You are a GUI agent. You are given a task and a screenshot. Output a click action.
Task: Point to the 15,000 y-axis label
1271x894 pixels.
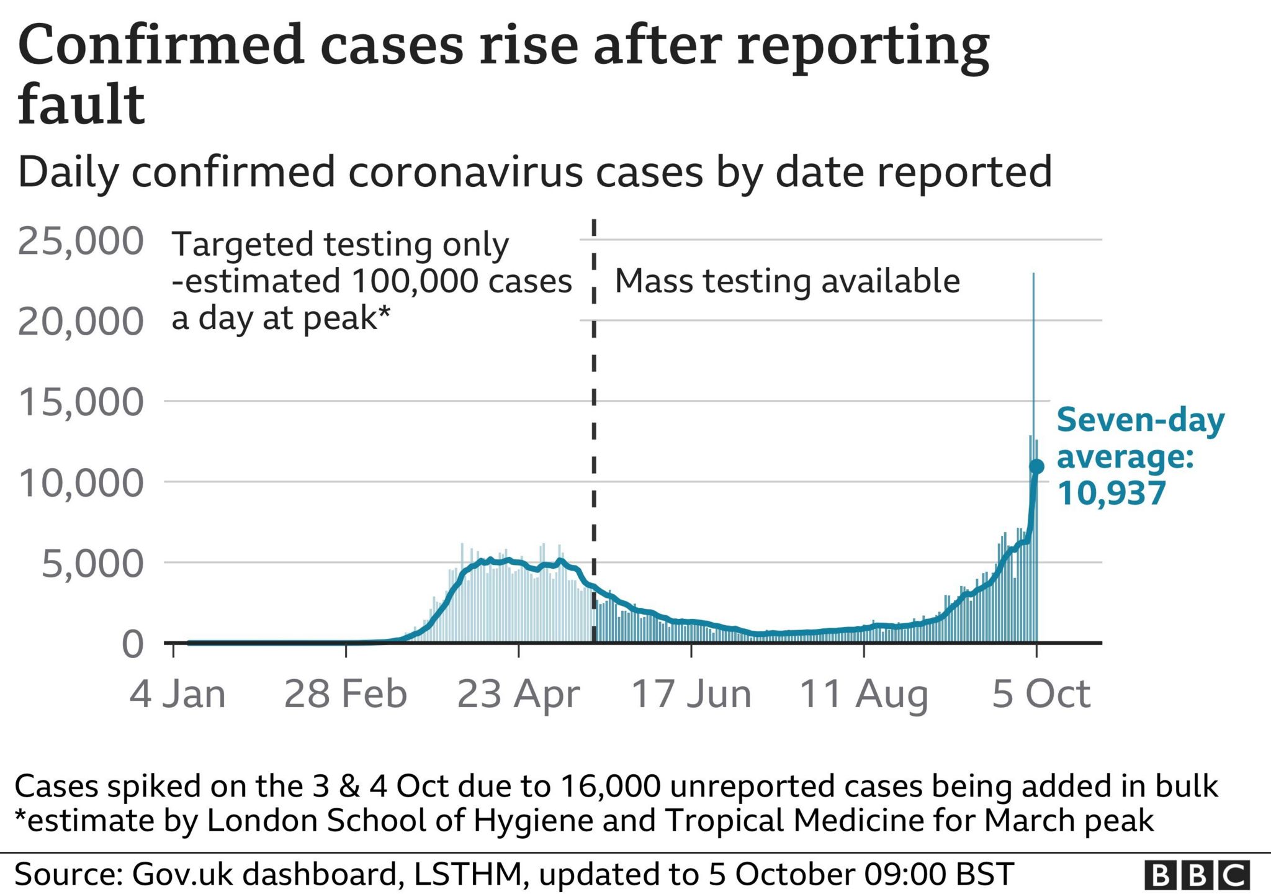[x=81, y=402]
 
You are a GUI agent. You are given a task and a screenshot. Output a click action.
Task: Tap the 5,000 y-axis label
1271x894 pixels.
[x=92, y=563]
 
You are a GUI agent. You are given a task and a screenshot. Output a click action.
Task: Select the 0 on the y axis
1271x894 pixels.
[x=133, y=644]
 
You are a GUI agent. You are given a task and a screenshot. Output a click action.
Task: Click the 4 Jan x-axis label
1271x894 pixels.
[x=177, y=693]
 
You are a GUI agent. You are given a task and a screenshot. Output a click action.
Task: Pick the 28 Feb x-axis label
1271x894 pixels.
[x=346, y=693]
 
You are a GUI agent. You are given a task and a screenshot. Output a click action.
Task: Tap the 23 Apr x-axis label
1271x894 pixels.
[x=518, y=693]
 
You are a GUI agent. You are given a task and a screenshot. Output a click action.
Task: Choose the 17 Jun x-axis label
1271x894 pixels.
[x=691, y=693]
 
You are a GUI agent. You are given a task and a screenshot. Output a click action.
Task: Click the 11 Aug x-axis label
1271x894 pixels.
[x=864, y=693]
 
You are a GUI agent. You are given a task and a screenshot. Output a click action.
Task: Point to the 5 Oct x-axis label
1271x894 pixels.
[x=1041, y=693]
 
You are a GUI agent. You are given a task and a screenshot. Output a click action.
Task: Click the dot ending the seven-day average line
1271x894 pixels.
[x=1036, y=466]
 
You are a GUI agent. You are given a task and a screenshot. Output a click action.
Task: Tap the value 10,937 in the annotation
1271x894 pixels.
[x=1112, y=494]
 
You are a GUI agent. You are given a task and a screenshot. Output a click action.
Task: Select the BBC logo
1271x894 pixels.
[x=1197, y=875]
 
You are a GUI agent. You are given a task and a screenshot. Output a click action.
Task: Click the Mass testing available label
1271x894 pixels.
[x=787, y=281]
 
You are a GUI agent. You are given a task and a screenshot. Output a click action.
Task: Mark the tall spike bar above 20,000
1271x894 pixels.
[x=1033, y=298]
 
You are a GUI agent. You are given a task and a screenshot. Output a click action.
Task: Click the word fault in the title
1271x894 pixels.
[x=81, y=104]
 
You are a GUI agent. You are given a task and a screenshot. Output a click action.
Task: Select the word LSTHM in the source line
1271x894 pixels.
[x=467, y=874]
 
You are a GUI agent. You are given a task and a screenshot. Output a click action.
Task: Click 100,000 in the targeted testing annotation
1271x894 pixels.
[x=416, y=281]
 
